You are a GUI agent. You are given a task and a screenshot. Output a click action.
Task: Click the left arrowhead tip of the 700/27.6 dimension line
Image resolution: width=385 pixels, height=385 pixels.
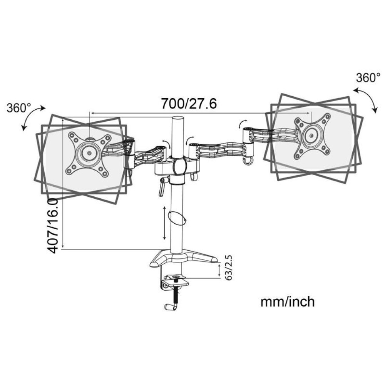tap(91, 113)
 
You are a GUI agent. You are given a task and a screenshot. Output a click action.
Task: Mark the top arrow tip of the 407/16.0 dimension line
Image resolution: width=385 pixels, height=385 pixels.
tap(64, 118)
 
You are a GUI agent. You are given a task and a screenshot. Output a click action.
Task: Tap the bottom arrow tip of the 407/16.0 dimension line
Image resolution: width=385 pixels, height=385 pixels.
tap(64, 248)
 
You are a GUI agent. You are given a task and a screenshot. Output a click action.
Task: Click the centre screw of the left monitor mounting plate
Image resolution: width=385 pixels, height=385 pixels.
tap(89, 153)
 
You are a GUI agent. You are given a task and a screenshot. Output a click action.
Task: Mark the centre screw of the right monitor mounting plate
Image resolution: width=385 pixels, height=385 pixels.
tap(311, 135)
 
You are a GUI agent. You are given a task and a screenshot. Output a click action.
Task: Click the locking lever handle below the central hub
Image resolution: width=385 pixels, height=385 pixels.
tap(162, 187)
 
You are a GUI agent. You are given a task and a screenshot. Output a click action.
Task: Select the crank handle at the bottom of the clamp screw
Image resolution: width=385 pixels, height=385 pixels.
tap(169, 307)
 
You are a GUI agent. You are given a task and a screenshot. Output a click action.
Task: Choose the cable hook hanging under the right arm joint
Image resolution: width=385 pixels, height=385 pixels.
tap(247, 161)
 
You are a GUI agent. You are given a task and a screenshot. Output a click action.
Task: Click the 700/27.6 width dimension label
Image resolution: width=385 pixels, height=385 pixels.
tap(189, 104)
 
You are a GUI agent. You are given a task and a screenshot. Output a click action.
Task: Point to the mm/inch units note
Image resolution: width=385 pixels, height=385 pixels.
tap(288, 301)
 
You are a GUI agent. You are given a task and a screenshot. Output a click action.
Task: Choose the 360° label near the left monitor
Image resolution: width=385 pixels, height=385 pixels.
tap(19, 108)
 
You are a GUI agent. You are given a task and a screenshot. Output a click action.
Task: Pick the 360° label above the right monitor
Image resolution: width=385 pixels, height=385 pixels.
tap(368, 78)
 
